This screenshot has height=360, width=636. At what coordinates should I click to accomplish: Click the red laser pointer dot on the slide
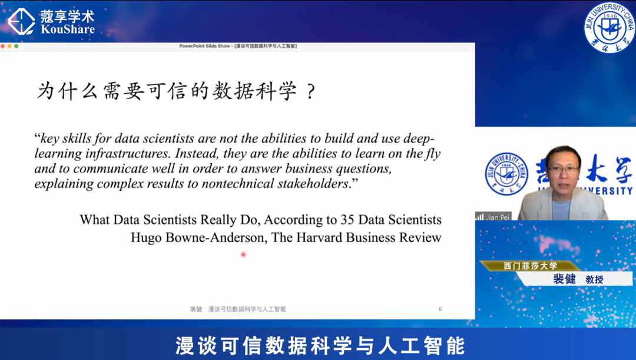[243, 255]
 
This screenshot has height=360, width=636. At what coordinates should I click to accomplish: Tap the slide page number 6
[440, 309]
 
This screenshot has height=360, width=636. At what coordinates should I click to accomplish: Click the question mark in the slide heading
[311, 91]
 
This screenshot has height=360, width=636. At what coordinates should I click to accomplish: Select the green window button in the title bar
[16, 47]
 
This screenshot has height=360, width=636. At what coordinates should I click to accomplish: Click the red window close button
[3, 47]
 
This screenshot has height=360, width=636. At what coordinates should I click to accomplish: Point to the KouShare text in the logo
[68, 29]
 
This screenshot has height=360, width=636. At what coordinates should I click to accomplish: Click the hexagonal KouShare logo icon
[21, 22]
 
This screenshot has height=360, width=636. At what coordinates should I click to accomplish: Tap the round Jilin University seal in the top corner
[609, 28]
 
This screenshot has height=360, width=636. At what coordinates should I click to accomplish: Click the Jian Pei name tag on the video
[493, 217]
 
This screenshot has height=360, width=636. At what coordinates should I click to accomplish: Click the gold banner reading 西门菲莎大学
[530, 266]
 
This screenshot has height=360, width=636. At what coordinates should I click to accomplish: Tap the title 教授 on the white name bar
[594, 279]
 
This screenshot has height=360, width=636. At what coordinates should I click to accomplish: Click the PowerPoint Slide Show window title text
[238, 47]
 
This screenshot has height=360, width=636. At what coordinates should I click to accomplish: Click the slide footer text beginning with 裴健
[238, 309]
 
